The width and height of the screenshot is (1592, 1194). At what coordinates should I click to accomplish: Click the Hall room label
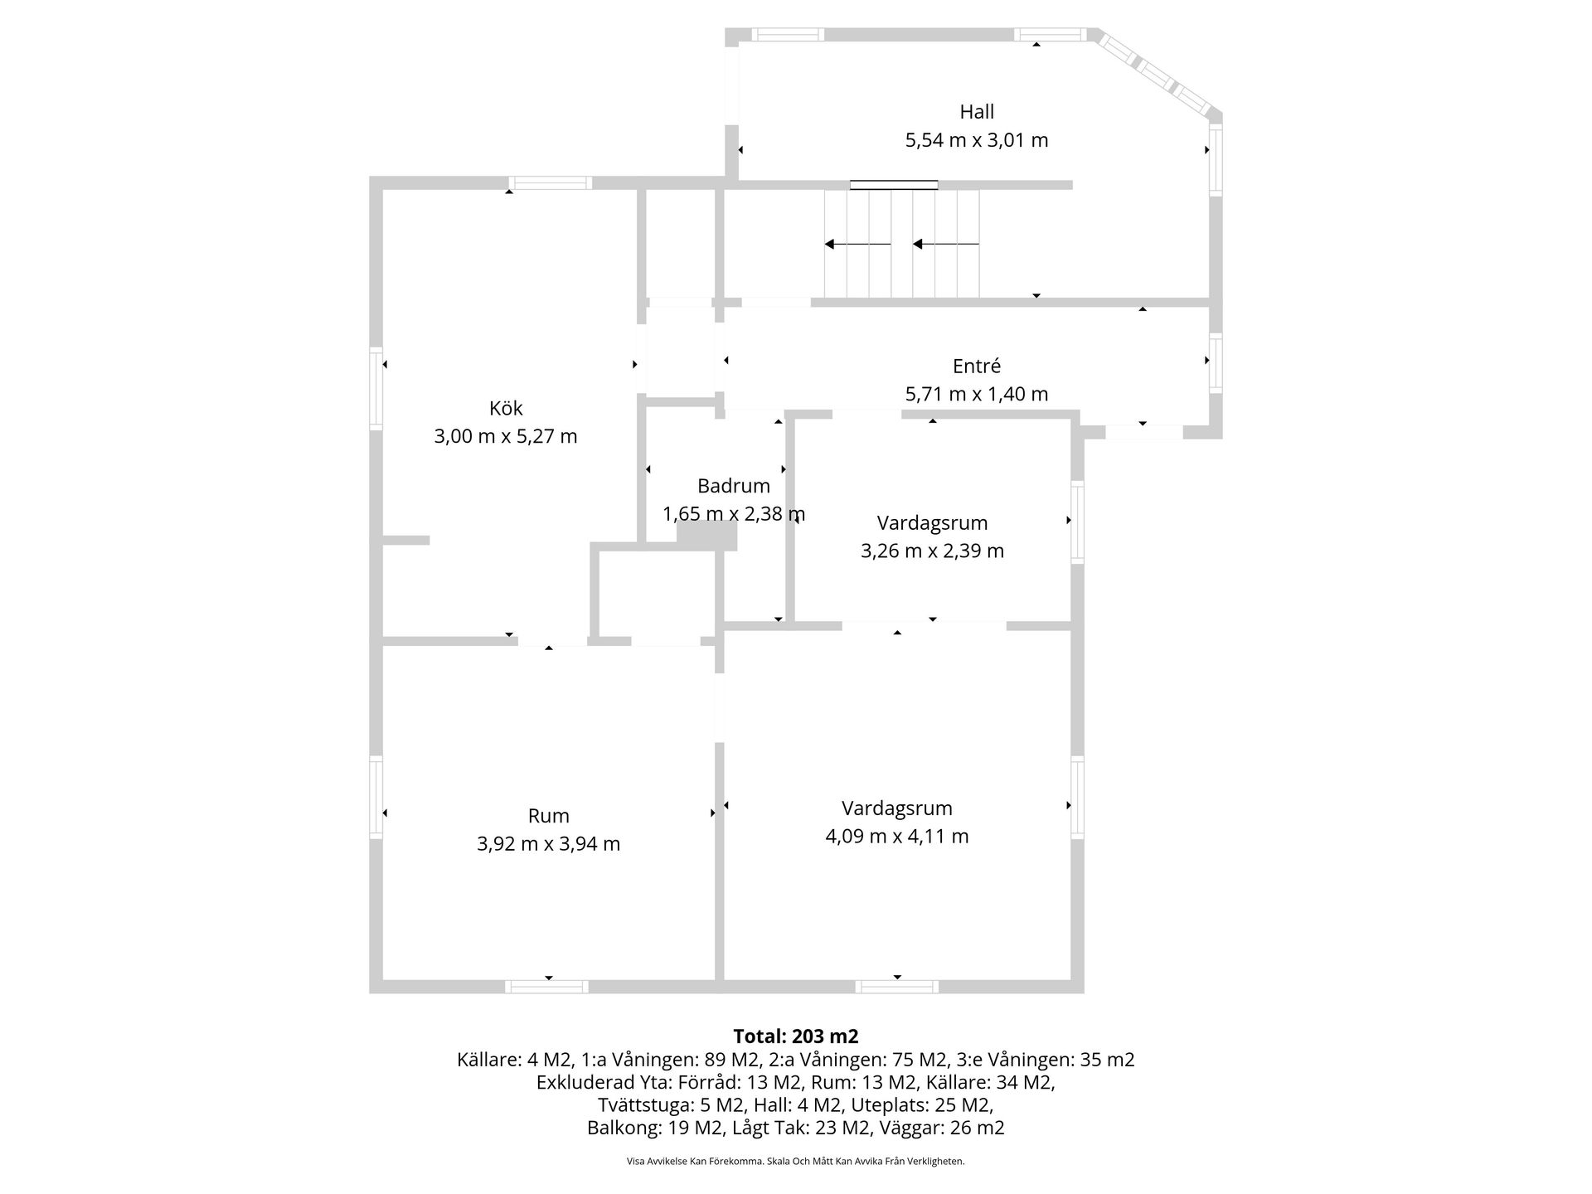(x=977, y=112)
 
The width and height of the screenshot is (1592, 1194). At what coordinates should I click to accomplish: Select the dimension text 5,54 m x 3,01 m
(x=977, y=140)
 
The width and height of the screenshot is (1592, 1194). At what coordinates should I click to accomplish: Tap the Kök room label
(x=506, y=408)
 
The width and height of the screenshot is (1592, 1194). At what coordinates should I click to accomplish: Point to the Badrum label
(x=734, y=486)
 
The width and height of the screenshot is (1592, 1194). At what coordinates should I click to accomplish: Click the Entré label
(x=977, y=366)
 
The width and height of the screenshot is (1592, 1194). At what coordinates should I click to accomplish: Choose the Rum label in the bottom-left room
(x=549, y=816)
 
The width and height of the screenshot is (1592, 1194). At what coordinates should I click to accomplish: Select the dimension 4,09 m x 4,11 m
(x=897, y=837)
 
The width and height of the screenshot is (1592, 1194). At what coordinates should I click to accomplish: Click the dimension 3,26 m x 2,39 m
(x=932, y=551)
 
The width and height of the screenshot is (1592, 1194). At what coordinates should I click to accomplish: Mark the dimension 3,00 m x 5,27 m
(x=506, y=436)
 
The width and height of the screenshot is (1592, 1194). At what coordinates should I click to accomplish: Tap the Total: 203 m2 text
(x=796, y=1036)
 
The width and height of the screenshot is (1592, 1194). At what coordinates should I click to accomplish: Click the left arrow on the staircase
(x=857, y=244)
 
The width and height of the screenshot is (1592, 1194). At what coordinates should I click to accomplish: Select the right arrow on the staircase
(x=945, y=244)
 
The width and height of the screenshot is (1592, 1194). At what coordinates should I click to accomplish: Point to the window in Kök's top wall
(x=550, y=183)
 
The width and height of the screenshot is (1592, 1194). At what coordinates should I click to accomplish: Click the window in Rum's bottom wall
(x=547, y=987)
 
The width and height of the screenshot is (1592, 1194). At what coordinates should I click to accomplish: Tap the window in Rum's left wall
(x=376, y=797)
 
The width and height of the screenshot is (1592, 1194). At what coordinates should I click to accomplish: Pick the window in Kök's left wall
(x=376, y=387)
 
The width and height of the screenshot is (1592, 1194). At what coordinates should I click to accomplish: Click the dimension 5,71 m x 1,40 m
(x=977, y=394)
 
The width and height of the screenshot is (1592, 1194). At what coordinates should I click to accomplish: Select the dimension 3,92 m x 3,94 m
(x=549, y=844)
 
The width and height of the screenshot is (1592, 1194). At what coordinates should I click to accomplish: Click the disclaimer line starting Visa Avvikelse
(x=796, y=1162)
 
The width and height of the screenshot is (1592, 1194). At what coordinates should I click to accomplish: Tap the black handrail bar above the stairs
(x=894, y=185)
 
